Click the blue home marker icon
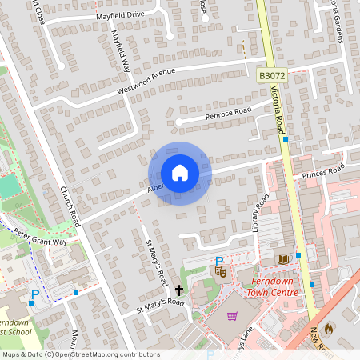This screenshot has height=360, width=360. tap(180, 173)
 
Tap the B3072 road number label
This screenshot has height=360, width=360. tap(272, 74)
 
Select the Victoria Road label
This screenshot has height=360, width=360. tap(279, 112)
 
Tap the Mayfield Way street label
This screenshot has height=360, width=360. tap(121, 51)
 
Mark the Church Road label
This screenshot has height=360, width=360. tap(70, 207)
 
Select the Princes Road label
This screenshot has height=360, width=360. tap(322, 171)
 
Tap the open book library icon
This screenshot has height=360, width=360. tap(282, 259)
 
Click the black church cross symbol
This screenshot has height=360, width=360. tap(178, 289)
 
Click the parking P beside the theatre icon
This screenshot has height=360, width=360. tap(218, 261)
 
